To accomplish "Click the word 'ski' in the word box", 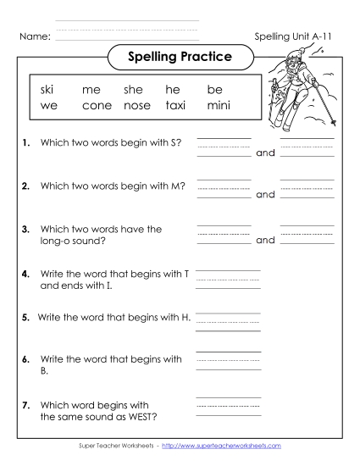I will pos(47,89).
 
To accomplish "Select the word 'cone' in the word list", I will pos(97,107).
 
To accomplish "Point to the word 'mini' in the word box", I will pos(219,107).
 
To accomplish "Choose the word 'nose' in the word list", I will pos(136,107).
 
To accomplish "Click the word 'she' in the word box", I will pos(134,89).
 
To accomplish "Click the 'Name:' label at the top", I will pos(34,36).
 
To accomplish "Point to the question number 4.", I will pos(27,275).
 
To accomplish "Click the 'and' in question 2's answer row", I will pos(265,194).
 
